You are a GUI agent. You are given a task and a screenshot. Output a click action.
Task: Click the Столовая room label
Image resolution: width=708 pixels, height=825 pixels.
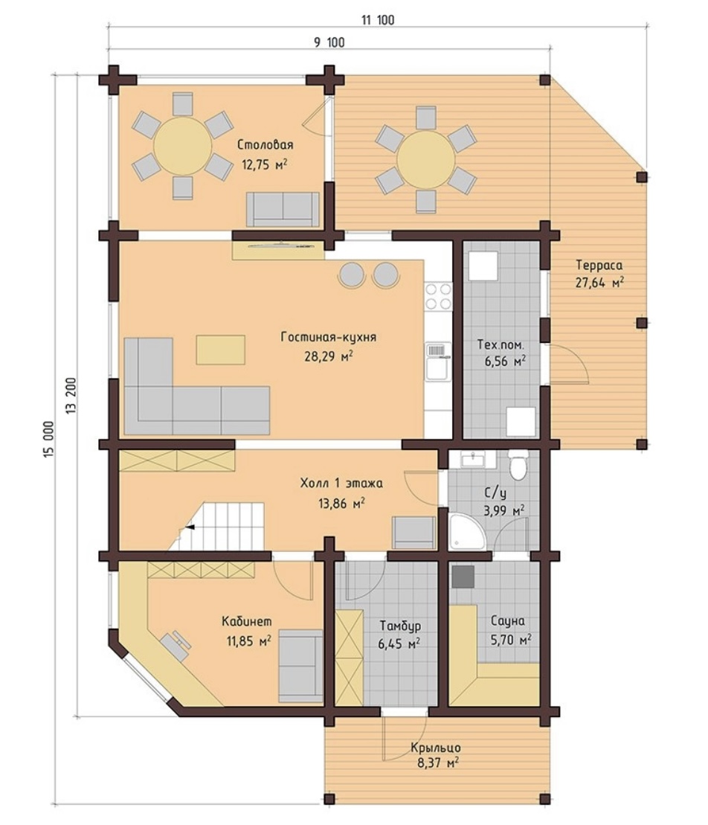pyautogui.click(x=265, y=144)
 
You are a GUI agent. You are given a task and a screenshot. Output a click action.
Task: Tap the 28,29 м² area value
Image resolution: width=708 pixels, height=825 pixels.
pyautogui.click(x=328, y=356)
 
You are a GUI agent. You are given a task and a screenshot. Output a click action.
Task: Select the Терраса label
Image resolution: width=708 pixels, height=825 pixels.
pyautogui.click(x=599, y=265)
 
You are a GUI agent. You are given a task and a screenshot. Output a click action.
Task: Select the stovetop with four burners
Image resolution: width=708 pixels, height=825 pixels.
pyautogui.click(x=438, y=296)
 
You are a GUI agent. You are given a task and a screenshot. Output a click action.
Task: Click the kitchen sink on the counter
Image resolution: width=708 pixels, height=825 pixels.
pyautogui.click(x=437, y=362)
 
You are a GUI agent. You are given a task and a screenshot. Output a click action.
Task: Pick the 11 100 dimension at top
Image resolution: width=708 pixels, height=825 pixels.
pyautogui.click(x=378, y=21)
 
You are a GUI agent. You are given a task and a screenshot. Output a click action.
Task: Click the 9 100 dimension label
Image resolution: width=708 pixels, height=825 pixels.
pyautogui.click(x=329, y=42)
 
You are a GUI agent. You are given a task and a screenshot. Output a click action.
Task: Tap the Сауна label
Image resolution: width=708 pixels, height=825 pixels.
pyautogui.click(x=507, y=621)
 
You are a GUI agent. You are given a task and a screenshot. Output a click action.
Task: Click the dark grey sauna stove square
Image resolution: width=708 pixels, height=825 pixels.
pyautogui.click(x=463, y=577)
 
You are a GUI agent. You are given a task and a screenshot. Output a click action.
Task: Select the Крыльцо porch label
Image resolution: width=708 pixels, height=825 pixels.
pyautogui.click(x=436, y=748)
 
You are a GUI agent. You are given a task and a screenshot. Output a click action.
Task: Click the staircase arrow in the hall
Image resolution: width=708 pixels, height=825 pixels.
pyautogui.click(x=189, y=527)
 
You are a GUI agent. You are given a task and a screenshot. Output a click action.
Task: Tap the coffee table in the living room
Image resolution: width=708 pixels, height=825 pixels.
pyautogui.click(x=220, y=350)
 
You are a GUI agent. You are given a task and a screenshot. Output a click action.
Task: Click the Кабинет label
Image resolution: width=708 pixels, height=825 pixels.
pyautogui.click(x=247, y=621)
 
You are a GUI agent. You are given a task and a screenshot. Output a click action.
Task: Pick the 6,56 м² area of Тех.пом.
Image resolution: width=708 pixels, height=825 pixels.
pyautogui.click(x=504, y=362)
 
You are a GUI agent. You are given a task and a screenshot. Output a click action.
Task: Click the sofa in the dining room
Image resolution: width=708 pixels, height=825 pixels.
pyautogui.click(x=283, y=209)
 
